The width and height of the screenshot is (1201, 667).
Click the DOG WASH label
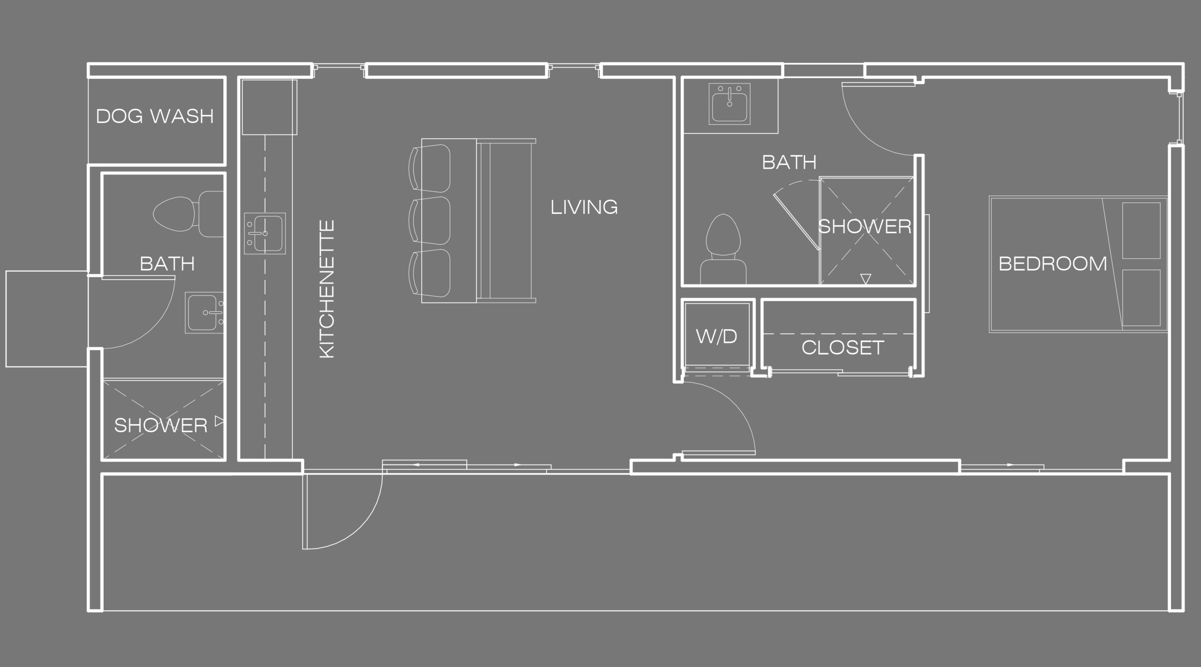(x=155, y=116)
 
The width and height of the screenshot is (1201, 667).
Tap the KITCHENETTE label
(x=327, y=289)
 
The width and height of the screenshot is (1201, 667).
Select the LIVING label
(x=584, y=207)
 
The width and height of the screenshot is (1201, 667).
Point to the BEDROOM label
(x=1053, y=264)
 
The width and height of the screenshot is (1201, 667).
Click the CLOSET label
(x=843, y=348)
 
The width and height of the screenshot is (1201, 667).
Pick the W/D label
(x=716, y=336)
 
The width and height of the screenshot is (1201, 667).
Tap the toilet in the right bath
(x=723, y=250)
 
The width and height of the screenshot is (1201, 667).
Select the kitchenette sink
(x=265, y=234)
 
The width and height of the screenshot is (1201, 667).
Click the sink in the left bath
(x=204, y=313)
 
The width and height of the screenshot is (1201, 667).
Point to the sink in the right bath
(x=730, y=104)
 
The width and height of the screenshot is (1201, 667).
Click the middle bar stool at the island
(x=430, y=220)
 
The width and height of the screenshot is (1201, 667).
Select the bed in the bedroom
(x=1078, y=264)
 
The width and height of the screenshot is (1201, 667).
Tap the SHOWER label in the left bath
(x=160, y=425)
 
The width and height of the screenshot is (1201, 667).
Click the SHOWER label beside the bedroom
(x=865, y=227)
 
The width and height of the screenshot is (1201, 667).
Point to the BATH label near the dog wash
(x=167, y=264)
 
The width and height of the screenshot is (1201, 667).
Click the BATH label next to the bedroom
(x=789, y=162)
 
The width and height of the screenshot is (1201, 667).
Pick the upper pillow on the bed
(x=1141, y=230)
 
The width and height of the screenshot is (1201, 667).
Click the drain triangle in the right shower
(x=866, y=279)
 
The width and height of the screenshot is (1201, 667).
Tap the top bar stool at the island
(x=430, y=167)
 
